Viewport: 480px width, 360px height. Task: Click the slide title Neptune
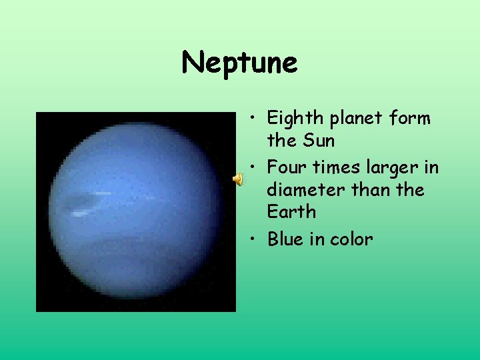[239, 63]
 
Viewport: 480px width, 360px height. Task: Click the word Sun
[319, 141]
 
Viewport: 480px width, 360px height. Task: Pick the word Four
[287, 167]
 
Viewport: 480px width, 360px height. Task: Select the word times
[337, 167]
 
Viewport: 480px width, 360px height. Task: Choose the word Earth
[291, 213]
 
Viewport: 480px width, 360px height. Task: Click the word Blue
[286, 239]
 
